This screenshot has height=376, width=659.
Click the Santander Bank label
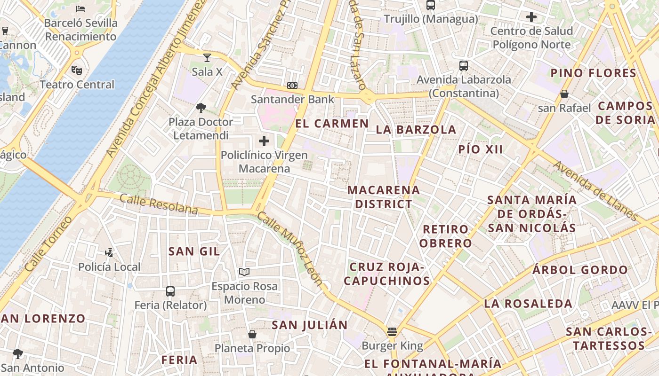pos(292,99)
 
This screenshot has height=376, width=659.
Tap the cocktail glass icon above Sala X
pos(207,58)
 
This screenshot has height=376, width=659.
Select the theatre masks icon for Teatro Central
pos(77,70)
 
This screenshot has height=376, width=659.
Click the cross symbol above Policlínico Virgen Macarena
pos(264,141)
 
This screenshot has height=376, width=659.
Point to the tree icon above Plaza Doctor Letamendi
pos(201,108)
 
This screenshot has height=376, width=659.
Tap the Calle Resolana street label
pos(159,204)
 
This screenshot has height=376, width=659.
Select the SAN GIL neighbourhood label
pos(194,251)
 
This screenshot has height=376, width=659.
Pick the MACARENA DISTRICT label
pos(384,197)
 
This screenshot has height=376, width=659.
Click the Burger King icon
pos(392,332)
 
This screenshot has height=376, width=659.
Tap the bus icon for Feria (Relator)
pos(170,291)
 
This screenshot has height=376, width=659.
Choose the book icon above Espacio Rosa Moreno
pos(244,272)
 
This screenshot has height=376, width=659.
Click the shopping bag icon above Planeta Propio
pos(252,334)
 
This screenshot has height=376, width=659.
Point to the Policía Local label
pos(109,267)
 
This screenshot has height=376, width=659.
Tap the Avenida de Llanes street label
pos(595,191)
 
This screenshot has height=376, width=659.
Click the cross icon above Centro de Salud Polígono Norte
pos(531,17)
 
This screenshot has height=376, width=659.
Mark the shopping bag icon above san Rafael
pos(564,94)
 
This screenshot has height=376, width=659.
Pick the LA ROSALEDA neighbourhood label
pos(528,304)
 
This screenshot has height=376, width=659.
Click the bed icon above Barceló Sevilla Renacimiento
pos(80,8)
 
